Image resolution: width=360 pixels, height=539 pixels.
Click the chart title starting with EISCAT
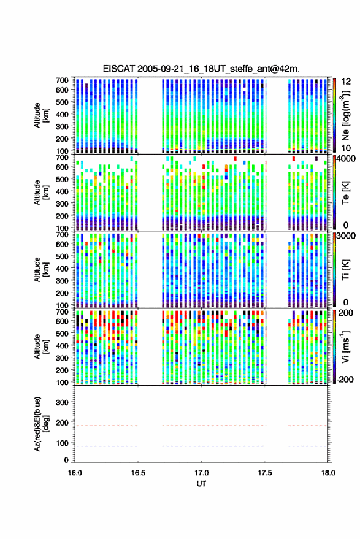tap(201, 69)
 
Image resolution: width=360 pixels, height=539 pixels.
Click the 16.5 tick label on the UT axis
tap(138, 473)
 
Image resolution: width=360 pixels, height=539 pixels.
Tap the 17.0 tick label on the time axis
tap(201, 473)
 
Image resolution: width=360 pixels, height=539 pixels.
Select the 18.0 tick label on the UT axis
tap(327, 473)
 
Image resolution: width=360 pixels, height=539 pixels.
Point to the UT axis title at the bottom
tap(201, 484)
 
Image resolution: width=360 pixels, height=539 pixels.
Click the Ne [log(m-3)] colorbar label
tap(346, 115)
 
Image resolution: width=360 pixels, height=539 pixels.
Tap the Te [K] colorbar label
tap(345, 193)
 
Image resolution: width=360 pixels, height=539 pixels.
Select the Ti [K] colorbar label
tap(345, 269)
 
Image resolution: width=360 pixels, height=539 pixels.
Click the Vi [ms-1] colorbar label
tap(345, 346)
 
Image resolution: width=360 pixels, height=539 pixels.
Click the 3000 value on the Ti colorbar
tap(347, 236)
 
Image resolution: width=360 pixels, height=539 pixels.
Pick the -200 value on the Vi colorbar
tap(345, 380)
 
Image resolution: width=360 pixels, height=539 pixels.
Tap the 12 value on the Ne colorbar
tap(346, 82)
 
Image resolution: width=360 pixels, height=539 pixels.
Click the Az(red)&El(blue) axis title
tap(40, 424)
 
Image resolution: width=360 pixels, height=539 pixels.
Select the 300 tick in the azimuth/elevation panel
tap(62, 402)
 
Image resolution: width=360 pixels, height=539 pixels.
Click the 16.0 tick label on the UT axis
tap(75, 473)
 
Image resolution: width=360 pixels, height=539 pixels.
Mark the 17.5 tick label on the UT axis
tap(264, 473)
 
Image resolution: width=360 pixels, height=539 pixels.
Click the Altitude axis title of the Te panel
tap(40, 192)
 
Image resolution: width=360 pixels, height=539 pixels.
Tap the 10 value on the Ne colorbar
tap(346, 148)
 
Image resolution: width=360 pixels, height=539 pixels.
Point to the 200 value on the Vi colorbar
tap(346, 313)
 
